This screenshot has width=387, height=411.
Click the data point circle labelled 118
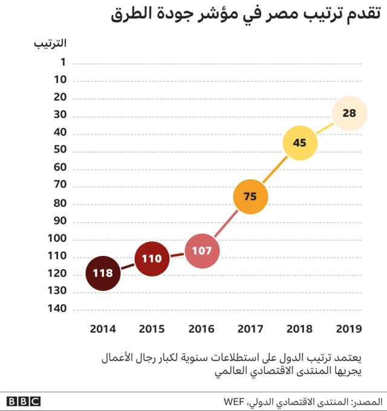(x=103, y=273)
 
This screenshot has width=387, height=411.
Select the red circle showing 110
(x=152, y=258)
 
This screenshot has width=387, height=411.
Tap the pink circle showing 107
(x=201, y=250)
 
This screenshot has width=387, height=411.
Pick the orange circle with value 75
(x=250, y=196)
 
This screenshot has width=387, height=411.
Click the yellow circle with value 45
(x=300, y=143)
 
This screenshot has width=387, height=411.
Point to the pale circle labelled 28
(x=350, y=113)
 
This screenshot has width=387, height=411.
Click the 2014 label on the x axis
(x=103, y=329)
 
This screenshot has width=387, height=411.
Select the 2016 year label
(x=201, y=329)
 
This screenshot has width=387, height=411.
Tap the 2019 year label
(x=349, y=329)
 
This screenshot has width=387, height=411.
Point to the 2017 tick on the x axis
(x=250, y=329)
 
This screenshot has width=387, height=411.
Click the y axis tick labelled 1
(x=63, y=63)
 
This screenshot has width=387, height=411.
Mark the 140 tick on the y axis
(x=58, y=309)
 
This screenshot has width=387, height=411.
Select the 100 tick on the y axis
(x=58, y=239)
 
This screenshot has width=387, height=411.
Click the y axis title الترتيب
(x=51, y=42)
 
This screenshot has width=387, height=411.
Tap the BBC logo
(x=24, y=401)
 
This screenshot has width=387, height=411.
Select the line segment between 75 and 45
(x=275, y=170)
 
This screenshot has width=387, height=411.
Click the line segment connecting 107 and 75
(x=226, y=223)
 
